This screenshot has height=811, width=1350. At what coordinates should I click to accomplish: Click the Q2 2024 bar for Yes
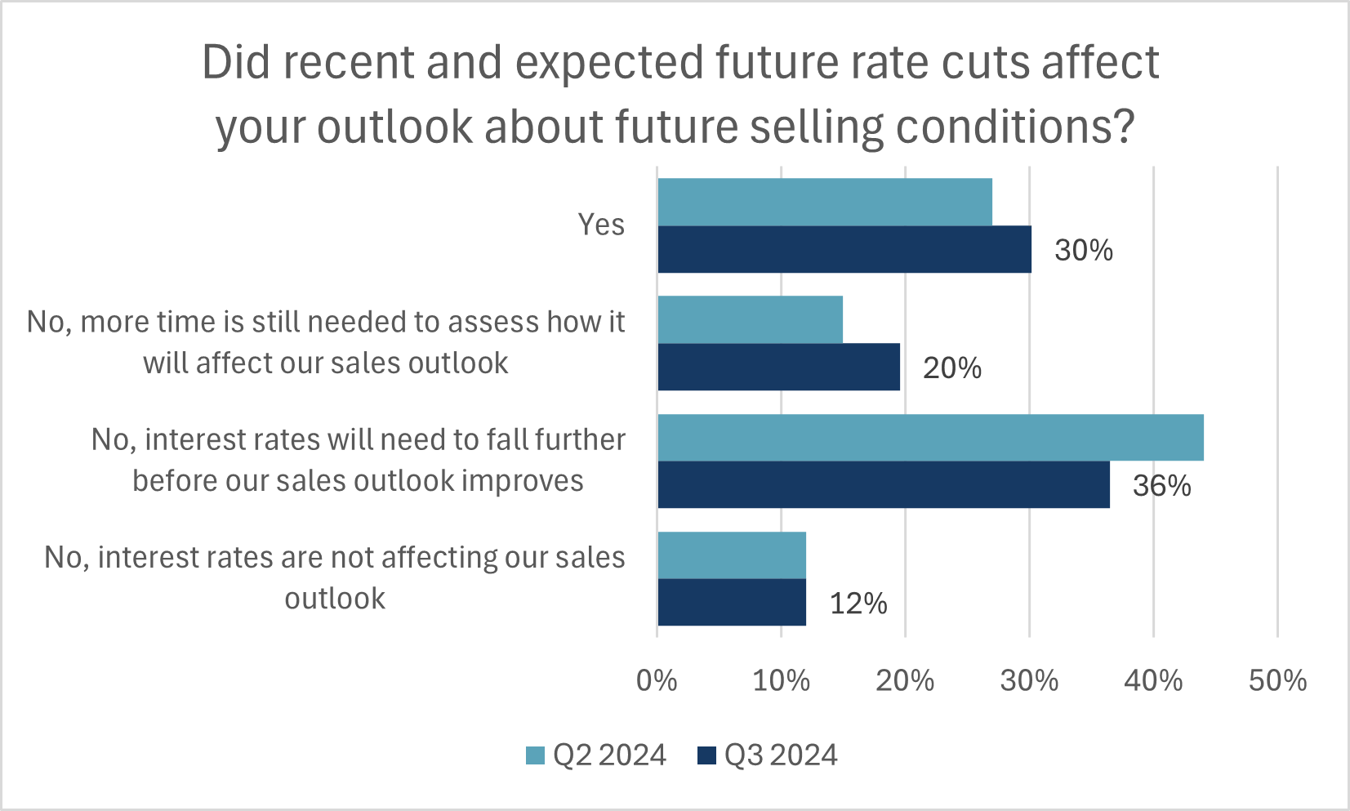point(825,202)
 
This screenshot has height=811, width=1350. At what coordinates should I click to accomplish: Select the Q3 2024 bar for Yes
point(844,249)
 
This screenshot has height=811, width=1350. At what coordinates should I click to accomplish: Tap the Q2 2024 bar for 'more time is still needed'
point(750,319)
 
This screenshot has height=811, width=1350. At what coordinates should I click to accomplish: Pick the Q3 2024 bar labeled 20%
point(778,367)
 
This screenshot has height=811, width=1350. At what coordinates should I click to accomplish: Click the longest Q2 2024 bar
point(930,437)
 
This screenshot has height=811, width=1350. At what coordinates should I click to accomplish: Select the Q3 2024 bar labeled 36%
point(884,484)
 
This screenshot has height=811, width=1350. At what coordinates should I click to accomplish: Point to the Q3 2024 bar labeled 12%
point(732,603)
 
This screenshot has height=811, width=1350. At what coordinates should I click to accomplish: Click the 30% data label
point(1084,250)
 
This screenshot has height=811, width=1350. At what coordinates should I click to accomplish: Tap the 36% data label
point(1161,486)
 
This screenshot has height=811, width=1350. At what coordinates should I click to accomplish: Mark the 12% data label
point(858,604)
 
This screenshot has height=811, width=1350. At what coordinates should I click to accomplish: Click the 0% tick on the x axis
point(657,680)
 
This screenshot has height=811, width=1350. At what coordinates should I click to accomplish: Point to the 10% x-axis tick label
point(781,680)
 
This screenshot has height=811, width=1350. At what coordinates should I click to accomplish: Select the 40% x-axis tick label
point(1153,680)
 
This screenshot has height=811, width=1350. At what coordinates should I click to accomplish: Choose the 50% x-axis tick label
point(1277,680)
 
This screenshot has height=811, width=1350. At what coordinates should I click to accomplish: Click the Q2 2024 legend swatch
point(535,755)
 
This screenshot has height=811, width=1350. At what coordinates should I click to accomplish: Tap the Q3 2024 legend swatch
point(706,755)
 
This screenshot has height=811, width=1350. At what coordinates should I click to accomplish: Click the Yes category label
point(601,225)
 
